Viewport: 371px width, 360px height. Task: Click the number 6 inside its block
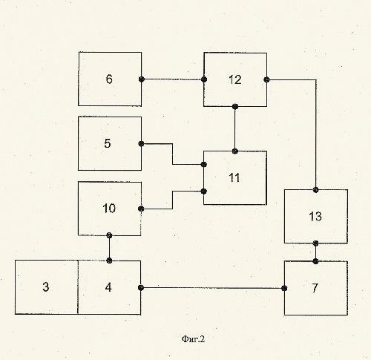(x=109, y=79)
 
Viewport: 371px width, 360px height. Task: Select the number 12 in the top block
(x=234, y=79)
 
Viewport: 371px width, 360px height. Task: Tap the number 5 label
(x=108, y=143)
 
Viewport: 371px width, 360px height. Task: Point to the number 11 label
(x=234, y=177)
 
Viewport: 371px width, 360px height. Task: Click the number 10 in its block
(x=109, y=209)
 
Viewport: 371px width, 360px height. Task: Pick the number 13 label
(x=315, y=216)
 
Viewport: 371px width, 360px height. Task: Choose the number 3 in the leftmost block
(x=46, y=287)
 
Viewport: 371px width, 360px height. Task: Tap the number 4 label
(x=108, y=287)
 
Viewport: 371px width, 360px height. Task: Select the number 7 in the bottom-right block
(x=315, y=288)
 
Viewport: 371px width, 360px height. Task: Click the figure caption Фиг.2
(x=193, y=339)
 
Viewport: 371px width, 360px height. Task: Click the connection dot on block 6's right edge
(x=142, y=79)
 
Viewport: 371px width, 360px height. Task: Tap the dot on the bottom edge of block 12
(x=235, y=107)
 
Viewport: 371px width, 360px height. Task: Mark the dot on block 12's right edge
(x=266, y=79)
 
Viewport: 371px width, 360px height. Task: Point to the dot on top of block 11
(x=235, y=151)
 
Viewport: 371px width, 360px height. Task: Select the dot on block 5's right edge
(x=141, y=143)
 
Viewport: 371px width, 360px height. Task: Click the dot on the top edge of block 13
(x=315, y=190)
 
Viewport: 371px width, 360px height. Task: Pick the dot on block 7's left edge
(x=284, y=288)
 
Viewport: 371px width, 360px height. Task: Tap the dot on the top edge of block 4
(x=109, y=261)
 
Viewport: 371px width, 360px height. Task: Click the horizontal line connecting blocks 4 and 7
(x=213, y=288)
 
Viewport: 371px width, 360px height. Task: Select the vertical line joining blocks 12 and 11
(x=235, y=129)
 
